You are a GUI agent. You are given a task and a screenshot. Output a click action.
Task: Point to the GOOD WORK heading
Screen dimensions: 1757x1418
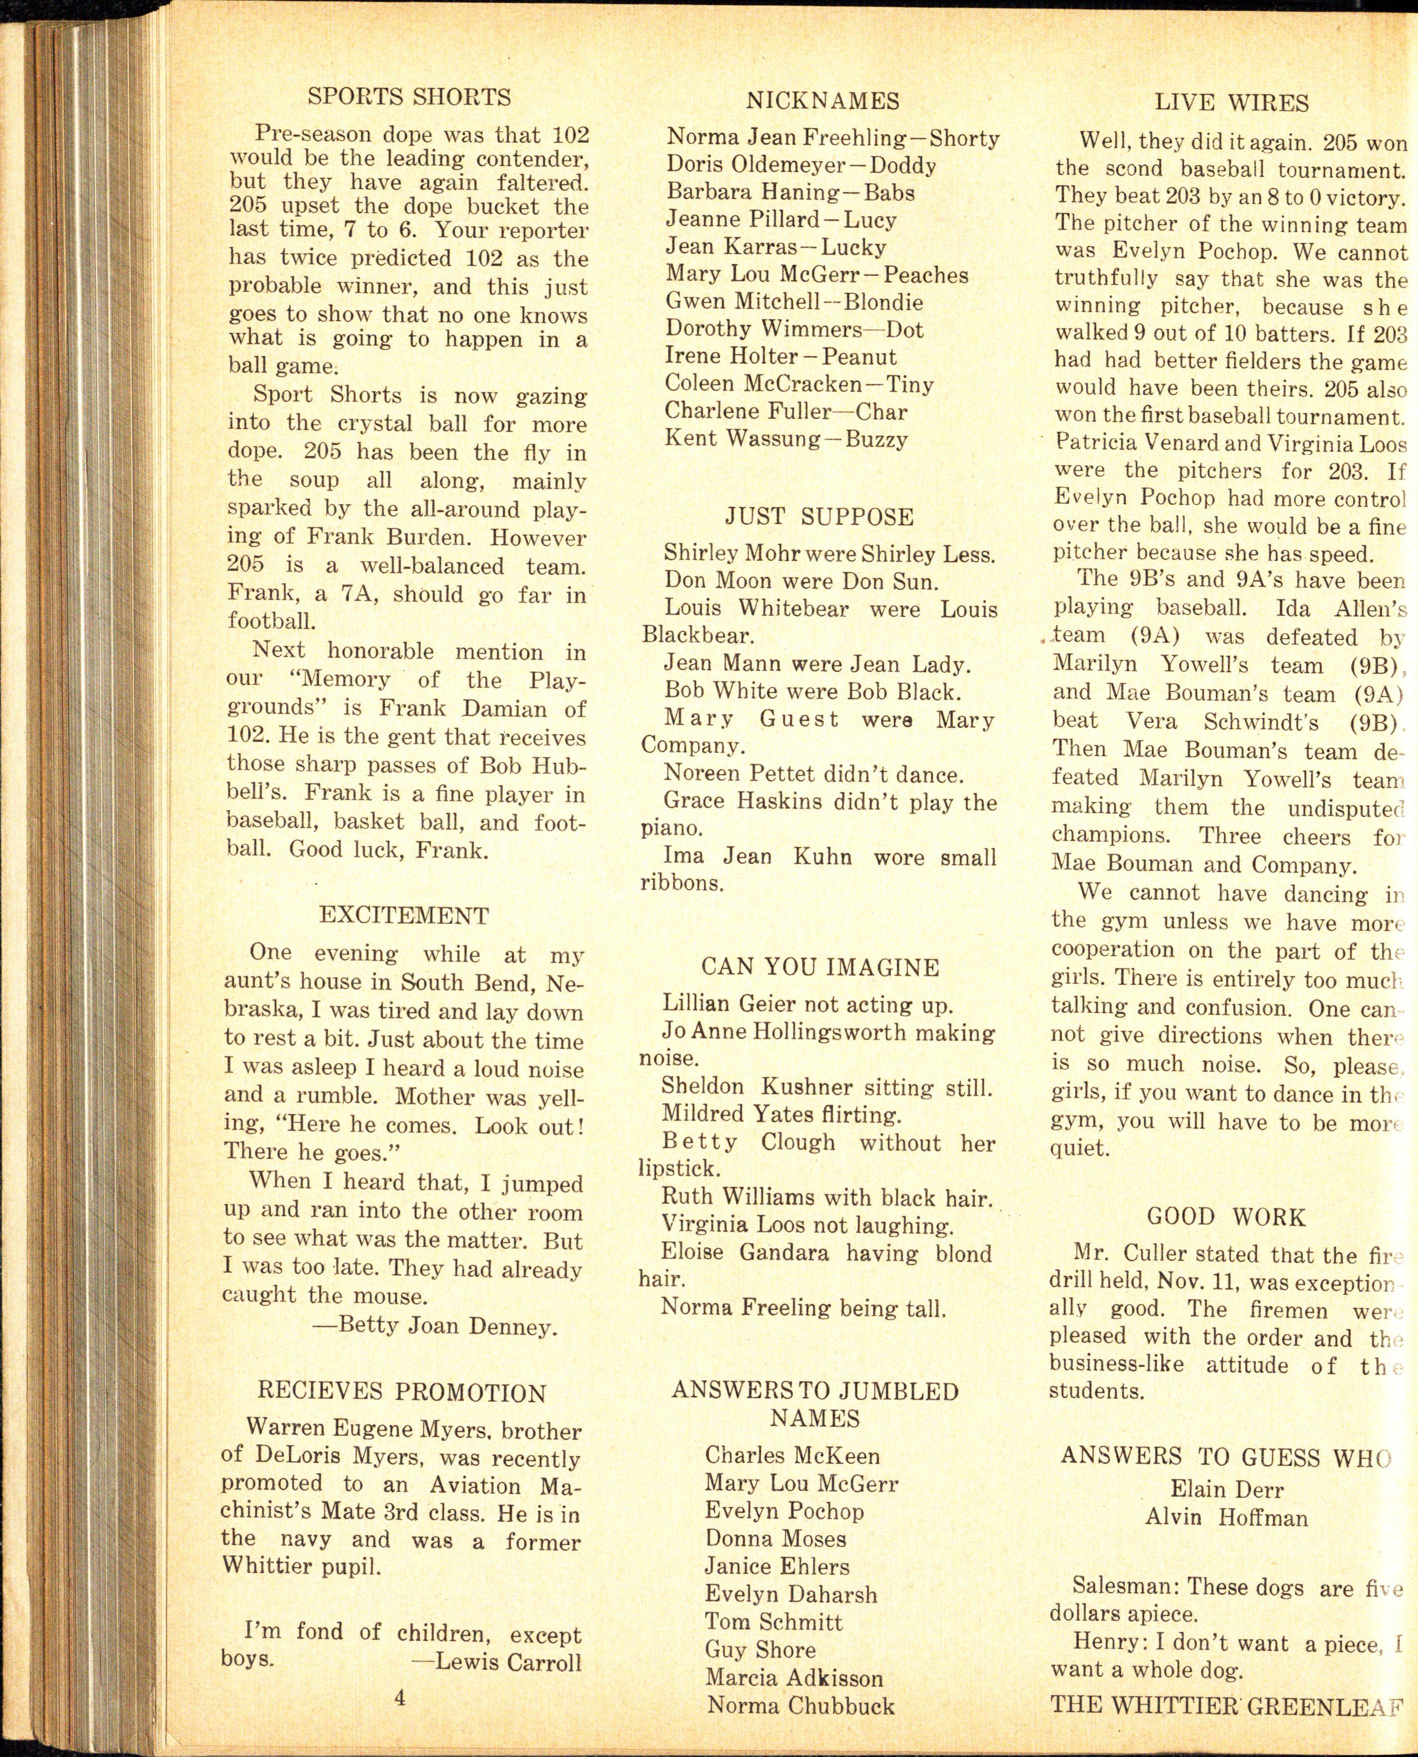tap(1226, 1217)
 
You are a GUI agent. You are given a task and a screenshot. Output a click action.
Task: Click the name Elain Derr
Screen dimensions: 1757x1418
tap(1226, 1489)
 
